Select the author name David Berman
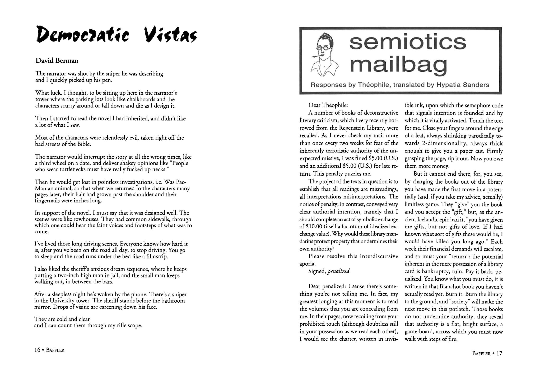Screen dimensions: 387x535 57,61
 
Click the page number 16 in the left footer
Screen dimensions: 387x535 37,350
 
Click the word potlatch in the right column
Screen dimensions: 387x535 459,309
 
